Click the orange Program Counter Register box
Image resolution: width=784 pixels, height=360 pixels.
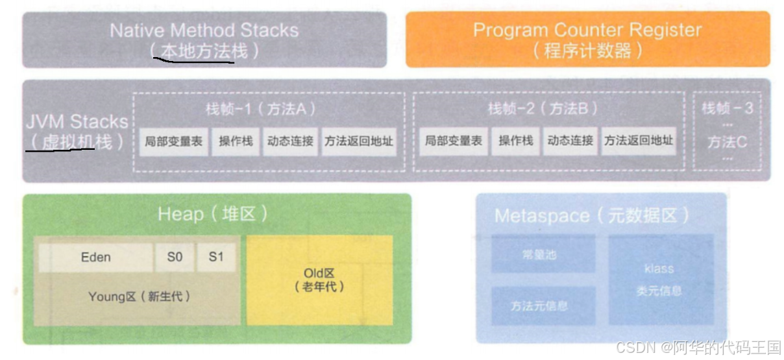(587, 39)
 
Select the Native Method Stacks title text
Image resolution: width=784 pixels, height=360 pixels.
(204, 30)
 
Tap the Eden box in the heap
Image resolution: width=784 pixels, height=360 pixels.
(95, 258)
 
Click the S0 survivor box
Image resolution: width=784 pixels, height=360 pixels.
(175, 258)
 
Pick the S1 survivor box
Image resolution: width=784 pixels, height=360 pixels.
(216, 258)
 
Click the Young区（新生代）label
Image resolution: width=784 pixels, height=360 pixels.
(139, 296)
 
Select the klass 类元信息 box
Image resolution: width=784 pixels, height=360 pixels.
(659, 280)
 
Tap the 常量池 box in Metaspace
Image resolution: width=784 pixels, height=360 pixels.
(543, 255)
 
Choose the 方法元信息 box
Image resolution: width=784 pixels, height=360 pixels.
(543, 306)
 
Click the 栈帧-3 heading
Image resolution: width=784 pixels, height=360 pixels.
(728, 108)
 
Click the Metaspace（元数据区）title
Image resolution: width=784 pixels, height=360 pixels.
(591, 215)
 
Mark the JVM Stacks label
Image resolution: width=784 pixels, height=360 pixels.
(77, 121)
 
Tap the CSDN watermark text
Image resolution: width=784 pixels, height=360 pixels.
(698, 348)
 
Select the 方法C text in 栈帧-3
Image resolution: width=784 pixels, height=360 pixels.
(727, 141)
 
